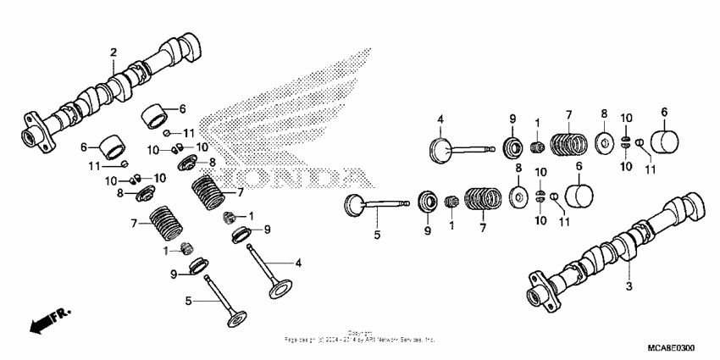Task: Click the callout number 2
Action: [114, 53]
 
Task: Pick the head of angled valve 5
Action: [235, 321]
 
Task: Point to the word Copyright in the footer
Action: [360, 333]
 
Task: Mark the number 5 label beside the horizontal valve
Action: [378, 234]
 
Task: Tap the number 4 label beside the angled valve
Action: [299, 263]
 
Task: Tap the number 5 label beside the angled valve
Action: [189, 299]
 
